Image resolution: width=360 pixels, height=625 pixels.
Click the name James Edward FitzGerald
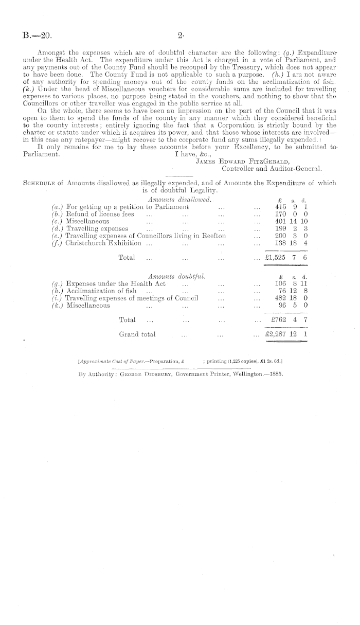pyautogui.click(x=237, y=160)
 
